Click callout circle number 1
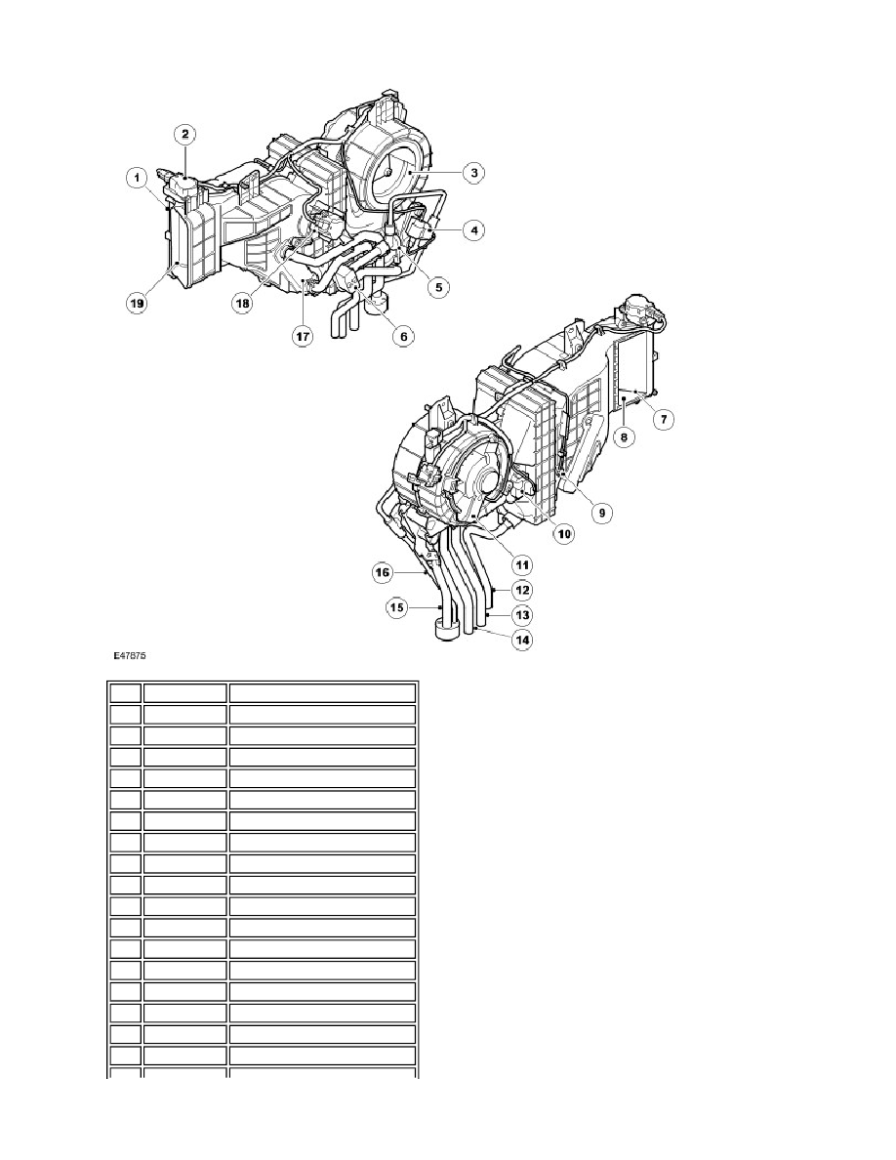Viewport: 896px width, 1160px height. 136,178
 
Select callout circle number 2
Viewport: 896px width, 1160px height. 184,134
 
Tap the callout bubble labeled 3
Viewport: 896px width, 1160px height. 473,173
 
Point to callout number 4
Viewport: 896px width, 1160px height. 473,230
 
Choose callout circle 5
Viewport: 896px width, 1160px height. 438,287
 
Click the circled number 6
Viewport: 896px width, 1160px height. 404,336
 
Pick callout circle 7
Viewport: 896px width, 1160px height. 663,420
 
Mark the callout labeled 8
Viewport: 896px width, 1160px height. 624,437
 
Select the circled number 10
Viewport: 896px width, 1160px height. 564,533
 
